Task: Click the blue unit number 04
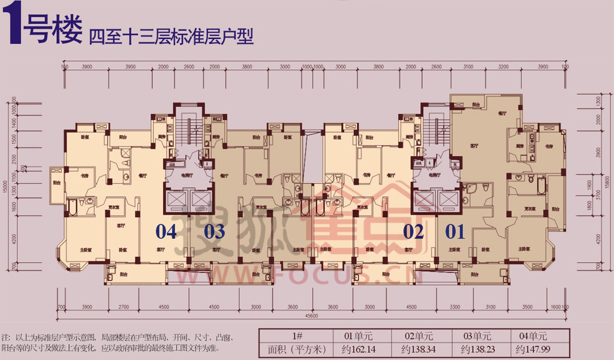tap(167, 231)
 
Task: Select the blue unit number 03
tap(215, 231)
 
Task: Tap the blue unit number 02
tap(414, 231)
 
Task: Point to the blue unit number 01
tap(456, 231)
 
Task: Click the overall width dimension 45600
tap(311, 316)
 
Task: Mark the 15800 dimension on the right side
tap(607, 178)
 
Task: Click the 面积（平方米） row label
tap(293, 348)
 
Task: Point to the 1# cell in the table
tap(293, 336)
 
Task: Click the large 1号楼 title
tap(42, 28)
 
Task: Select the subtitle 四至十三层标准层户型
tap(171, 37)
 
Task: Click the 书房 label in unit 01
tap(548, 146)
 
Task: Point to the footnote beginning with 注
tap(120, 343)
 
